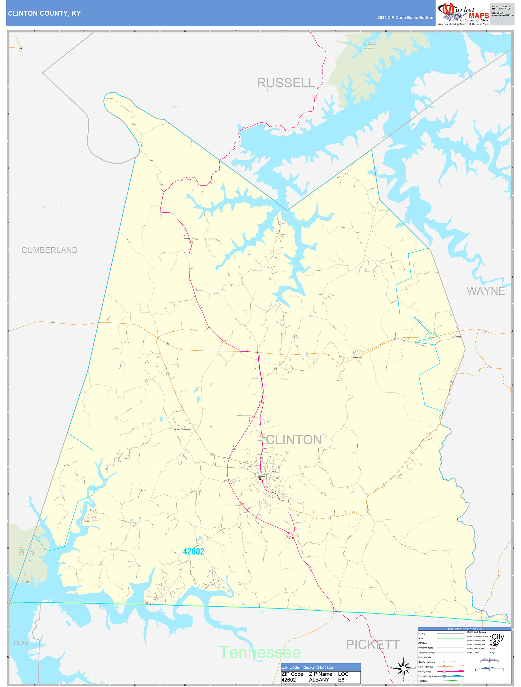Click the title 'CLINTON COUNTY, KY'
coord(44,13)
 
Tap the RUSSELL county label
coord(286,83)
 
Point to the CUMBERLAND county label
coord(49,250)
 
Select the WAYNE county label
coord(486,291)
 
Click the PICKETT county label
coord(373,644)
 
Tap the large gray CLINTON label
coord(293,440)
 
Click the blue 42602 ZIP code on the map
coord(193,551)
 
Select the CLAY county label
coord(21,643)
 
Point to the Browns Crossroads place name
coord(182,429)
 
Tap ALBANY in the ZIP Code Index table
coord(319,680)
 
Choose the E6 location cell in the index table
coord(341,680)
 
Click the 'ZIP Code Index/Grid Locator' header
coord(307,667)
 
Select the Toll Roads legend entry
coord(423,681)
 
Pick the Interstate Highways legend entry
coord(427,676)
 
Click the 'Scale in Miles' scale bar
coord(489,669)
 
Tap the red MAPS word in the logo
coord(479,16)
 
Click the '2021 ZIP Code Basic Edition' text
coord(405,18)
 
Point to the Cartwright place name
coord(357,357)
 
